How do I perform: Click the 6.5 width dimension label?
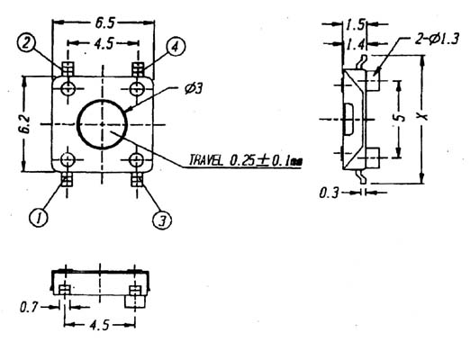tap(104, 23)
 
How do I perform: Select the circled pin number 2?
tap(26, 43)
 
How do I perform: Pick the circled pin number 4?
tap(176, 47)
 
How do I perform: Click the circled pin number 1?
tap(39, 218)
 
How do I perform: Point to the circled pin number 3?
tap(162, 220)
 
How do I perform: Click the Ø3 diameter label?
tap(194, 89)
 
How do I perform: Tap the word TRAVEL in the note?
tap(206, 160)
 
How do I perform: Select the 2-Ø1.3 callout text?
tap(437, 39)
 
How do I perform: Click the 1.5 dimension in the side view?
tap(356, 25)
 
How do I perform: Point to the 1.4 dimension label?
tap(356, 45)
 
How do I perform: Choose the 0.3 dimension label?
tap(329, 193)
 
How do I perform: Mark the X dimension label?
tap(423, 116)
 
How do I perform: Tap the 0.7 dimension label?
tap(29, 308)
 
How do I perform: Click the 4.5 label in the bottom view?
tap(100, 325)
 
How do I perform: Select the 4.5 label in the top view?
tap(104, 44)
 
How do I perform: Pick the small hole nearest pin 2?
tap(68, 88)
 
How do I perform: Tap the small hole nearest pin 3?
tap(137, 160)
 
